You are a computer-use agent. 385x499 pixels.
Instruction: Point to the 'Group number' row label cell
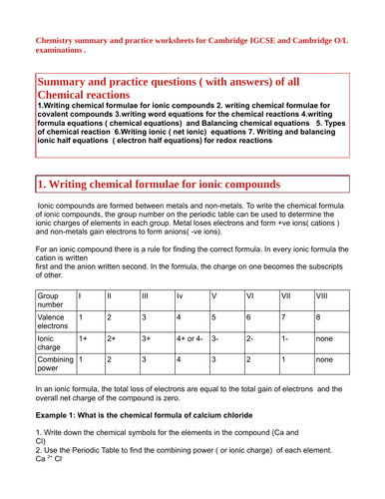[53, 301]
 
